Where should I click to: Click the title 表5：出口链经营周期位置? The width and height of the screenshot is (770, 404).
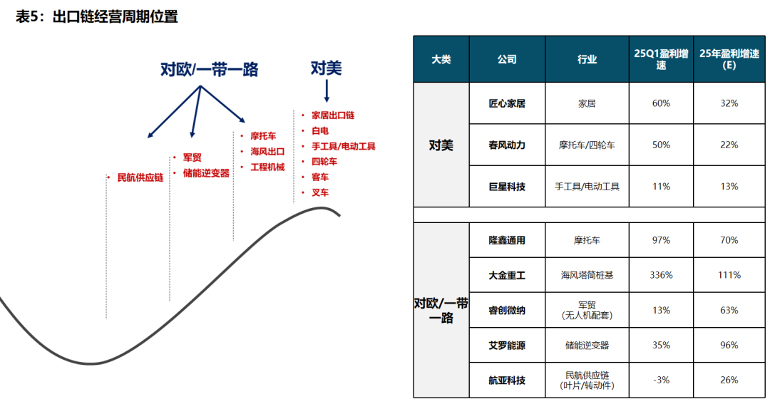point(97,16)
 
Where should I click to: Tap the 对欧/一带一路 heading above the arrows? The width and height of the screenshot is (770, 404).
point(209,69)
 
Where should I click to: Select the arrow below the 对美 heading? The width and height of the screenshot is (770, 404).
point(327,90)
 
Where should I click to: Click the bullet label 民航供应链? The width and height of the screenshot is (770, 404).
point(140,177)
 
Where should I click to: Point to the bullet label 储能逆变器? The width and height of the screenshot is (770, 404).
point(206,173)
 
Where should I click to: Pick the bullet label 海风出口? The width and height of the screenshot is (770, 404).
point(267,152)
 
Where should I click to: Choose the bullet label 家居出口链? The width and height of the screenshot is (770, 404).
point(333,115)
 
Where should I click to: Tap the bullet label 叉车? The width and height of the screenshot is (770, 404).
point(320,193)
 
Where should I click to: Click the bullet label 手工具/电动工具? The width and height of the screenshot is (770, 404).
point(343,146)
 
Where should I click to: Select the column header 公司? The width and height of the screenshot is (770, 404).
point(507,59)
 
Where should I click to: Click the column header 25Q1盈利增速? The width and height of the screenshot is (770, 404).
point(661,59)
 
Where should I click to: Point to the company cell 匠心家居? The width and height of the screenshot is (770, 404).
point(507,103)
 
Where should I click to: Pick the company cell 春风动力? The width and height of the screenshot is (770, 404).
point(507,145)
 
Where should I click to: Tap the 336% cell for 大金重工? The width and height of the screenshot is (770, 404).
point(661,275)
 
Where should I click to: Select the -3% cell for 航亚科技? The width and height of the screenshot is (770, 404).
point(661,380)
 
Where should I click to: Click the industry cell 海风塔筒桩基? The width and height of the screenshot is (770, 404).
point(587,275)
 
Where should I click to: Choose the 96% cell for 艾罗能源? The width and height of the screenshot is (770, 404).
point(729,345)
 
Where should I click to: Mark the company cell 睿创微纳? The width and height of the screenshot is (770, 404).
point(507,310)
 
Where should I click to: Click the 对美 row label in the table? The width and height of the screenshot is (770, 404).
point(441,145)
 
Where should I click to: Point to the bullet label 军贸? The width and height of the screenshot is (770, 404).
point(192,157)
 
